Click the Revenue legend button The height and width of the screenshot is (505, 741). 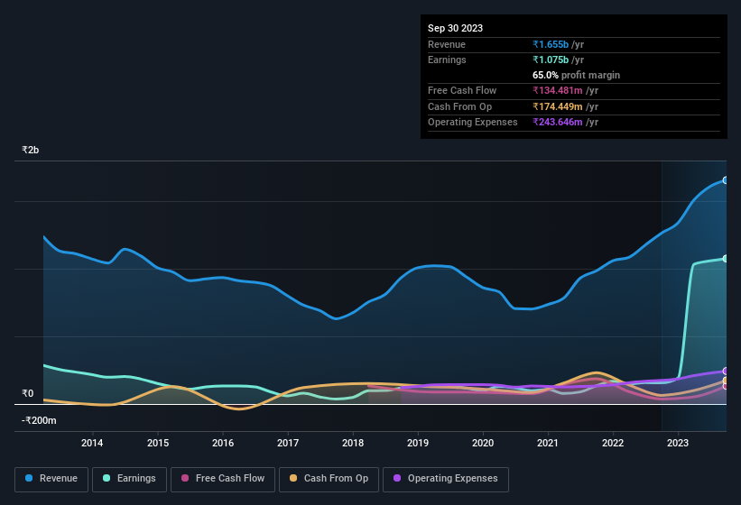pos(51,478)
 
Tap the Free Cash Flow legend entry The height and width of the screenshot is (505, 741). pos(222,478)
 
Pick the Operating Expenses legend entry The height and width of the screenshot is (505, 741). pos(446,478)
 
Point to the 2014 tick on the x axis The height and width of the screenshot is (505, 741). pos(92,443)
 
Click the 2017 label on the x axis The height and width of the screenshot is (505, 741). pos(288,443)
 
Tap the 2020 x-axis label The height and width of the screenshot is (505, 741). pos(483,443)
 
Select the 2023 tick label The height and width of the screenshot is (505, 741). pos(678,443)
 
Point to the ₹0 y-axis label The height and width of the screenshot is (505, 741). pos(27,393)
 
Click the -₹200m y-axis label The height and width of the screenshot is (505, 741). pos(40,420)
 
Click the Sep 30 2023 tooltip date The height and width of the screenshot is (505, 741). pos(455,28)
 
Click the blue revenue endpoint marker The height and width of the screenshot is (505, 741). pos(726,180)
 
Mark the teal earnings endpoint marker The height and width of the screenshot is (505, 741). pos(726,259)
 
